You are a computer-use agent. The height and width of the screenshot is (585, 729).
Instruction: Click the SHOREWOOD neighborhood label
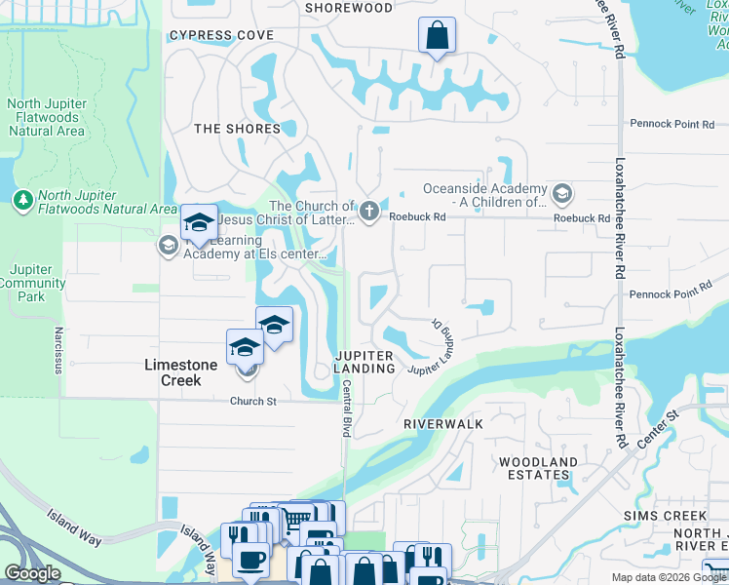click(349, 8)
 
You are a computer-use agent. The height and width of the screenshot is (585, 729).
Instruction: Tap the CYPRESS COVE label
click(221, 35)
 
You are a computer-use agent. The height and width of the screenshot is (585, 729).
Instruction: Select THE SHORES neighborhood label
click(237, 129)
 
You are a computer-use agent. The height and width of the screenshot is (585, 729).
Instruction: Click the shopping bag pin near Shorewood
click(437, 36)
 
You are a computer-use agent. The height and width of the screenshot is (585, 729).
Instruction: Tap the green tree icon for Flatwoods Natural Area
click(23, 200)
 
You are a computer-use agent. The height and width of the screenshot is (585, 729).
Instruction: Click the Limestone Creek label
click(173, 372)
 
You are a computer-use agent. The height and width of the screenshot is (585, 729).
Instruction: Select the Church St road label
click(253, 402)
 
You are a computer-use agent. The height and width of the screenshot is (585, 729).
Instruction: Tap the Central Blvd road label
click(345, 408)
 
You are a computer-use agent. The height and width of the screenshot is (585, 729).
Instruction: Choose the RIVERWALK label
click(443, 425)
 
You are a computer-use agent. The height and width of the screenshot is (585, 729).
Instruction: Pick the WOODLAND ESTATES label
click(537, 468)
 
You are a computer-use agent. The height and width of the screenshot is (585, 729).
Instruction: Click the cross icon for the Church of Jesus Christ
click(368, 211)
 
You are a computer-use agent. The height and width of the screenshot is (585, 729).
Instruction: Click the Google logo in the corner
click(32, 573)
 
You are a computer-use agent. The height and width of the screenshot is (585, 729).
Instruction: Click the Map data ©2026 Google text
click(668, 577)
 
